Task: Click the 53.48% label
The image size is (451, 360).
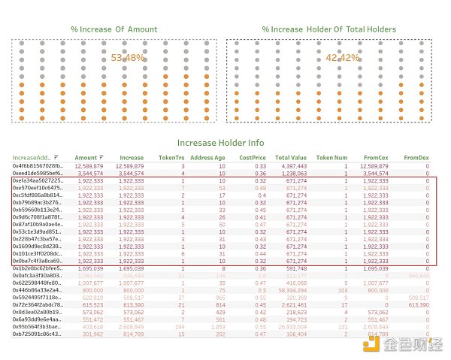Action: point(127,57)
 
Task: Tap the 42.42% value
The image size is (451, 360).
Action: point(342,57)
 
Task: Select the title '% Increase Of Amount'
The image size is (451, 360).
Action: point(114,29)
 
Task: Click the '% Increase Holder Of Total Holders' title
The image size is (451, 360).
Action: point(329,29)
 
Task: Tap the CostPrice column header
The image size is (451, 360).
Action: point(252,159)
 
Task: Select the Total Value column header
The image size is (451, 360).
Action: point(291,159)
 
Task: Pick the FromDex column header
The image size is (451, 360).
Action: point(416,159)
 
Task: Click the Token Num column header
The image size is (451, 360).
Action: point(331,159)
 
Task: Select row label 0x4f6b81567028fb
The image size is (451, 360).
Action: point(37,166)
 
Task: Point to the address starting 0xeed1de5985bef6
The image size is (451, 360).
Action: point(37,173)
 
